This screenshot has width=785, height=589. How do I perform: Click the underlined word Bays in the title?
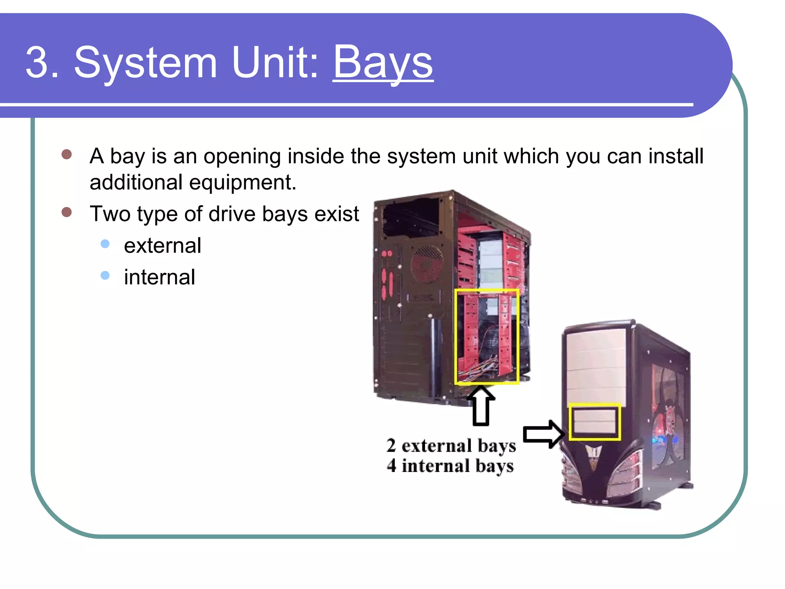point(383,62)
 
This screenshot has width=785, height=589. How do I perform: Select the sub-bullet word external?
point(163,245)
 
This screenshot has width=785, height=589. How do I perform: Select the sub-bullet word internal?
point(159,277)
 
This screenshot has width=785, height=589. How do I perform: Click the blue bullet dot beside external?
point(105,244)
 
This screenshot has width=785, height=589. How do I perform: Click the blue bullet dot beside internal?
point(105,275)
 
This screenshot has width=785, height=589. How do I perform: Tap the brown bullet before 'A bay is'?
point(67,154)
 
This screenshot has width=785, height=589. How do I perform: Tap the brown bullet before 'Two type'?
point(67,212)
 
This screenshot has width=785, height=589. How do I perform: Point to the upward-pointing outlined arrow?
point(481,406)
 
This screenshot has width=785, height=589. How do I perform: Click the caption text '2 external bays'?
point(451,446)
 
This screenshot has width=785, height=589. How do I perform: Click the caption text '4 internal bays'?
point(450,466)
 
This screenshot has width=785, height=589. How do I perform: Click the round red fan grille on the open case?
point(427,265)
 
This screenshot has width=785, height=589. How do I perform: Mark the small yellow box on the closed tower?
point(594,422)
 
